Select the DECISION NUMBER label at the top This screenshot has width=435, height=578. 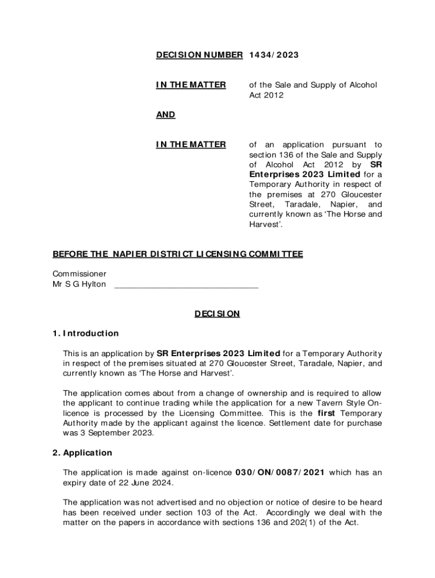[199, 55]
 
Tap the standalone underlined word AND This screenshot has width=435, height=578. [166, 115]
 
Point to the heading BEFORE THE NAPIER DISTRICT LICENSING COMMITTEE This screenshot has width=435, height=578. [178, 254]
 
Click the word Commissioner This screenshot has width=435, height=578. [79, 274]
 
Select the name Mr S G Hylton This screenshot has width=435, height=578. [79, 284]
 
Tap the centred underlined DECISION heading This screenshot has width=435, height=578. [217, 313]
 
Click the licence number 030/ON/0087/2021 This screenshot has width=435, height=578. [280, 472]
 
